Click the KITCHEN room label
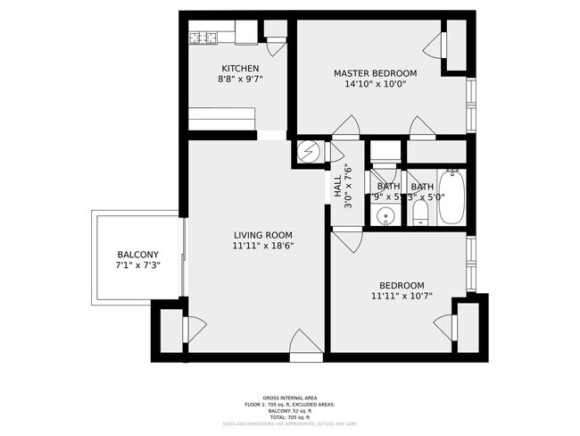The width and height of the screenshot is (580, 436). pyautogui.click(x=241, y=69)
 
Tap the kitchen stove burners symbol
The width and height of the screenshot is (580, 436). pyautogui.click(x=204, y=37)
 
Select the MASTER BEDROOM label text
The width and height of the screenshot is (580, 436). pyautogui.click(x=376, y=73)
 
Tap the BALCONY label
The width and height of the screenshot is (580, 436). pyautogui.click(x=137, y=255)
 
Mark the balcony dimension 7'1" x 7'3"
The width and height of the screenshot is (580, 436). pyautogui.click(x=137, y=265)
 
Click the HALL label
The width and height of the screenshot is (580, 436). pyautogui.click(x=337, y=186)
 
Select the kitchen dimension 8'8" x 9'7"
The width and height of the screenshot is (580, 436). pyautogui.click(x=241, y=80)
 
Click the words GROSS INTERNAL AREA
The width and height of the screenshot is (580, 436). pyautogui.click(x=289, y=397)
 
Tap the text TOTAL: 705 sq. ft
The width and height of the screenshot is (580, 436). pyautogui.click(x=289, y=417)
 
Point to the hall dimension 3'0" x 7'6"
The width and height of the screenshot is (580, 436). pyautogui.click(x=349, y=186)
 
